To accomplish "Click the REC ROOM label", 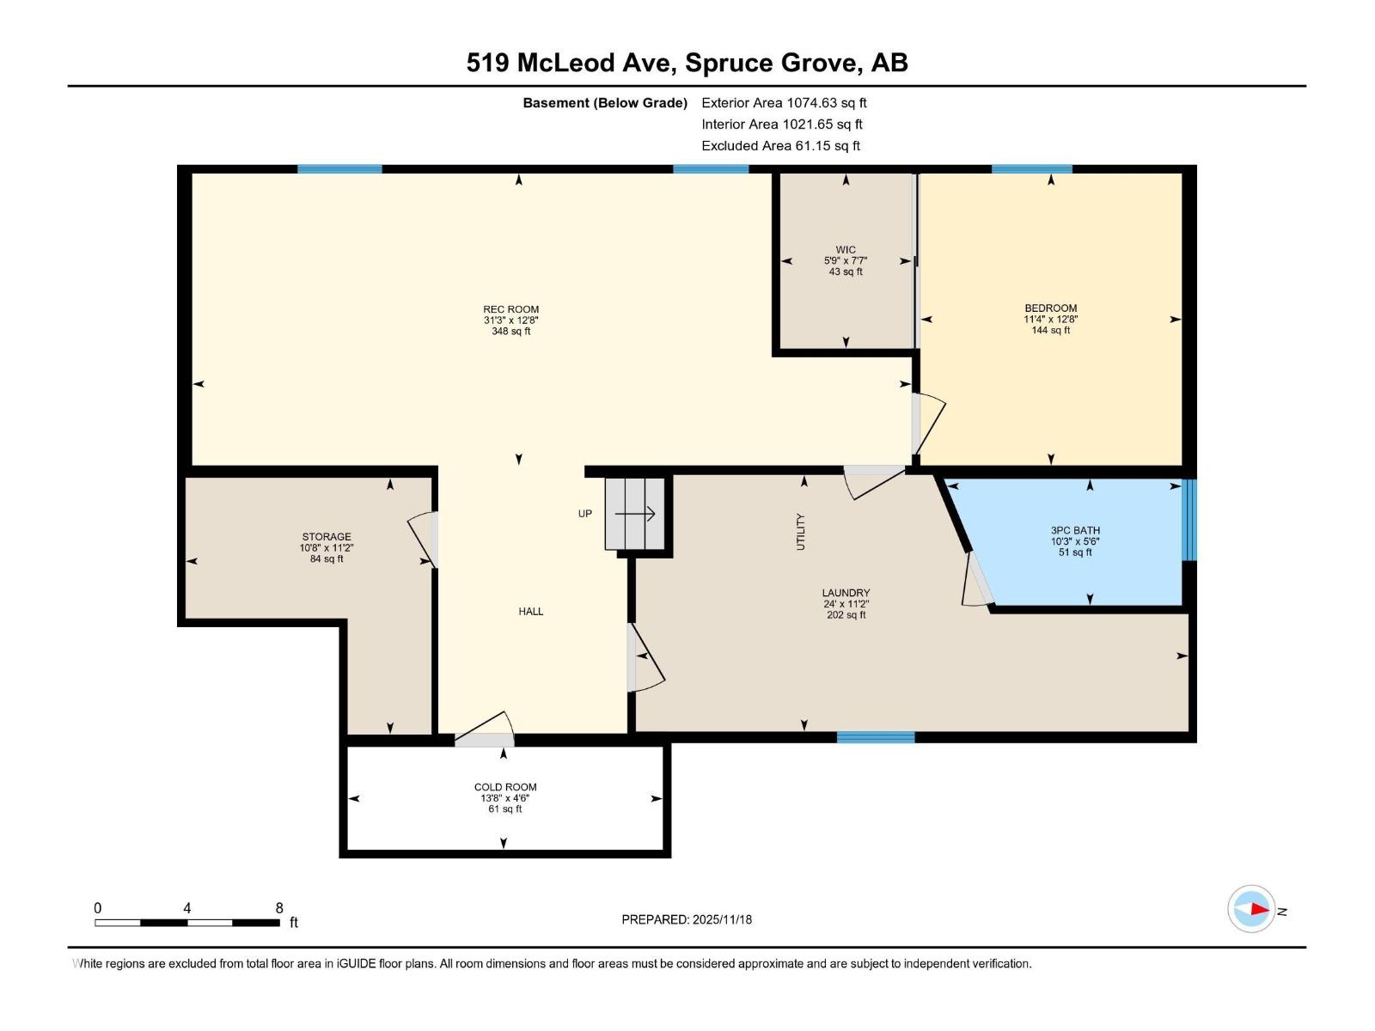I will click(510, 309).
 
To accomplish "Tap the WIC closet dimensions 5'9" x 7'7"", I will click(846, 260).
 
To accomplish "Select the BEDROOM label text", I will click(1050, 308).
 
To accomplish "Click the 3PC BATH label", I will click(1075, 530).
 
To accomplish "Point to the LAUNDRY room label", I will click(846, 593).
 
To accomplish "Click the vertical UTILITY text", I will click(801, 532).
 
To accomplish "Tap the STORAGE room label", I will click(327, 536).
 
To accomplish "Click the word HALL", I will click(531, 612).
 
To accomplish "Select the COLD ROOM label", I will click(505, 787).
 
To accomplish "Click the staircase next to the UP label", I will click(635, 514).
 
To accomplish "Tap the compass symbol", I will click(1251, 909).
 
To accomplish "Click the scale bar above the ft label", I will click(187, 923).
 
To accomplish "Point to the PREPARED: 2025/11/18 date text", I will click(687, 919).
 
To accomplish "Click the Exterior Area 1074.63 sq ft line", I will click(784, 103).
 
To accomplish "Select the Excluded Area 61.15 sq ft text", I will click(780, 146).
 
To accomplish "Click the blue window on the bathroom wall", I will click(1189, 519).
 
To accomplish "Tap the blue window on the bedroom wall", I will click(1031, 169).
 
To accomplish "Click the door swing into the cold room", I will click(486, 729).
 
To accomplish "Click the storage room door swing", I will click(423, 540).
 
